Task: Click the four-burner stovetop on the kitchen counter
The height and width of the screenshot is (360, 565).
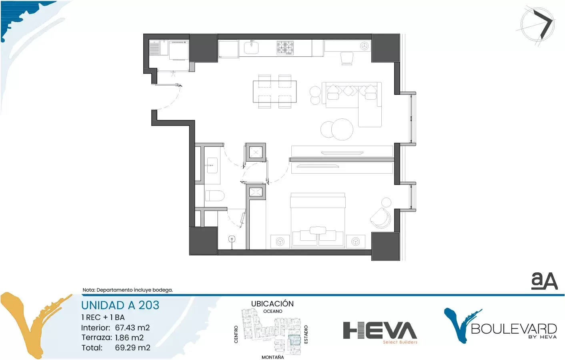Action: point(285,48)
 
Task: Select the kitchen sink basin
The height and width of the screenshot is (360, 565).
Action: point(251,48)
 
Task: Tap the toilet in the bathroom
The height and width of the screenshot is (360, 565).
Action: point(214,196)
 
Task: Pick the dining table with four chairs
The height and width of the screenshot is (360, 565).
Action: point(274,92)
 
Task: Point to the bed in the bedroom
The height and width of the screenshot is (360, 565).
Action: point(318,220)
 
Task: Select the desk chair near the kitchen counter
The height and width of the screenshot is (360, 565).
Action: point(347,58)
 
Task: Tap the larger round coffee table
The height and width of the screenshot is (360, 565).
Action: point(342,129)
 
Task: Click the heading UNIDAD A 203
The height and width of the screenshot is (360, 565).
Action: point(120,305)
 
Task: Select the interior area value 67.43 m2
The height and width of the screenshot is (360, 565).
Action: point(132,328)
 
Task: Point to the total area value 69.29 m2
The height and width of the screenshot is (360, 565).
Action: point(133,348)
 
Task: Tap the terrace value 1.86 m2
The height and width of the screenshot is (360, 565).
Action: point(129,338)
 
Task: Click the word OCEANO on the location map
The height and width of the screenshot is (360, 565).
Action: point(272,311)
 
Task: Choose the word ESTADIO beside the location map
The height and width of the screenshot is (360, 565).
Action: point(306,334)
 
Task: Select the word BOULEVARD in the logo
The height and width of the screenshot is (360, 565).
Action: point(514,329)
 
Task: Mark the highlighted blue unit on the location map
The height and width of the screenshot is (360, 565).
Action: point(295,340)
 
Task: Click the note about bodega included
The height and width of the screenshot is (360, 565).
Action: point(128,290)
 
